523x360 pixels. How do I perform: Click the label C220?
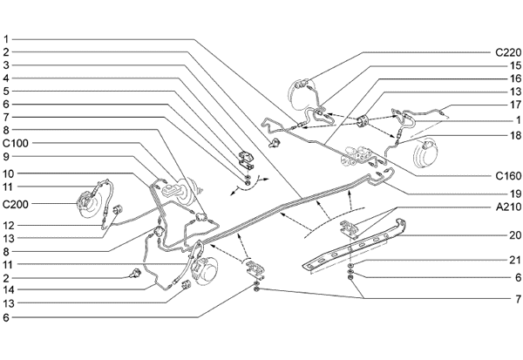click(508, 52)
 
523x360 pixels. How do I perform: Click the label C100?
click(17, 142)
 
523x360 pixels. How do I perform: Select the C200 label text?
click(17, 204)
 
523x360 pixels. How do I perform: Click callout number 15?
click(515, 65)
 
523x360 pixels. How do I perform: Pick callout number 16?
click(515, 78)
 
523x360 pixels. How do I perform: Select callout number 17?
click(515, 105)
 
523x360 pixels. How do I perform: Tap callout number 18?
click(515, 135)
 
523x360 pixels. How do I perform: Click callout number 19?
click(515, 193)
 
